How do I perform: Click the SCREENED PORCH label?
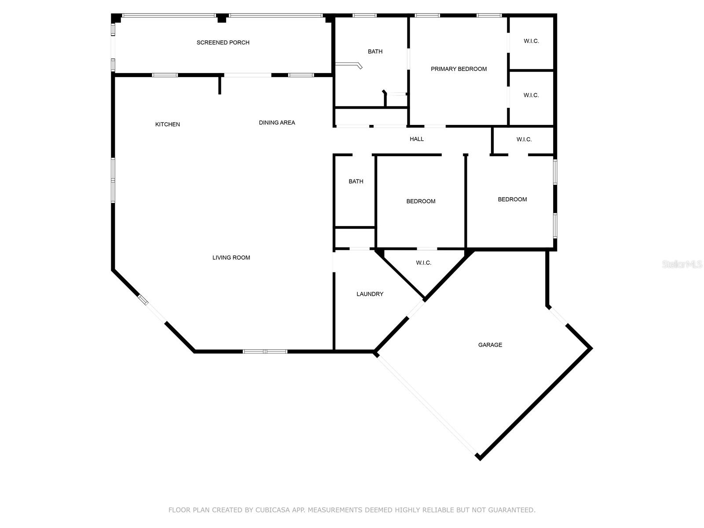tap(223, 43)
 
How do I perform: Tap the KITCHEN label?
tap(168, 125)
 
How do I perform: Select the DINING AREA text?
tap(277, 123)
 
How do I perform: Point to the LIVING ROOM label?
tap(231, 258)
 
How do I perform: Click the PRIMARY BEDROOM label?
tap(458, 69)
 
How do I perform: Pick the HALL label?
tap(417, 139)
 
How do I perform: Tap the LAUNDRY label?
tap(370, 294)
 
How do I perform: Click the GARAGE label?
tap(490, 345)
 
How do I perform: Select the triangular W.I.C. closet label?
tap(423, 263)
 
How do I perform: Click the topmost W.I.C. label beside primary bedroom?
tap(531, 41)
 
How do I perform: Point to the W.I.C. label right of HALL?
tap(524, 139)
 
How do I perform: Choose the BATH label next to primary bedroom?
tap(375, 51)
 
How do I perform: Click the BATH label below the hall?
tap(356, 181)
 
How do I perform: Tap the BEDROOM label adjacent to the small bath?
tap(421, 202)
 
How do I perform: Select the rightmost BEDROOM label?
tap(512, 200)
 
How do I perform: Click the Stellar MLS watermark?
tap(682, 264)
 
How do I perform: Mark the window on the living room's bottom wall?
tap(265, 352)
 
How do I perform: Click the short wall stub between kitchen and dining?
tap(220, 85)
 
